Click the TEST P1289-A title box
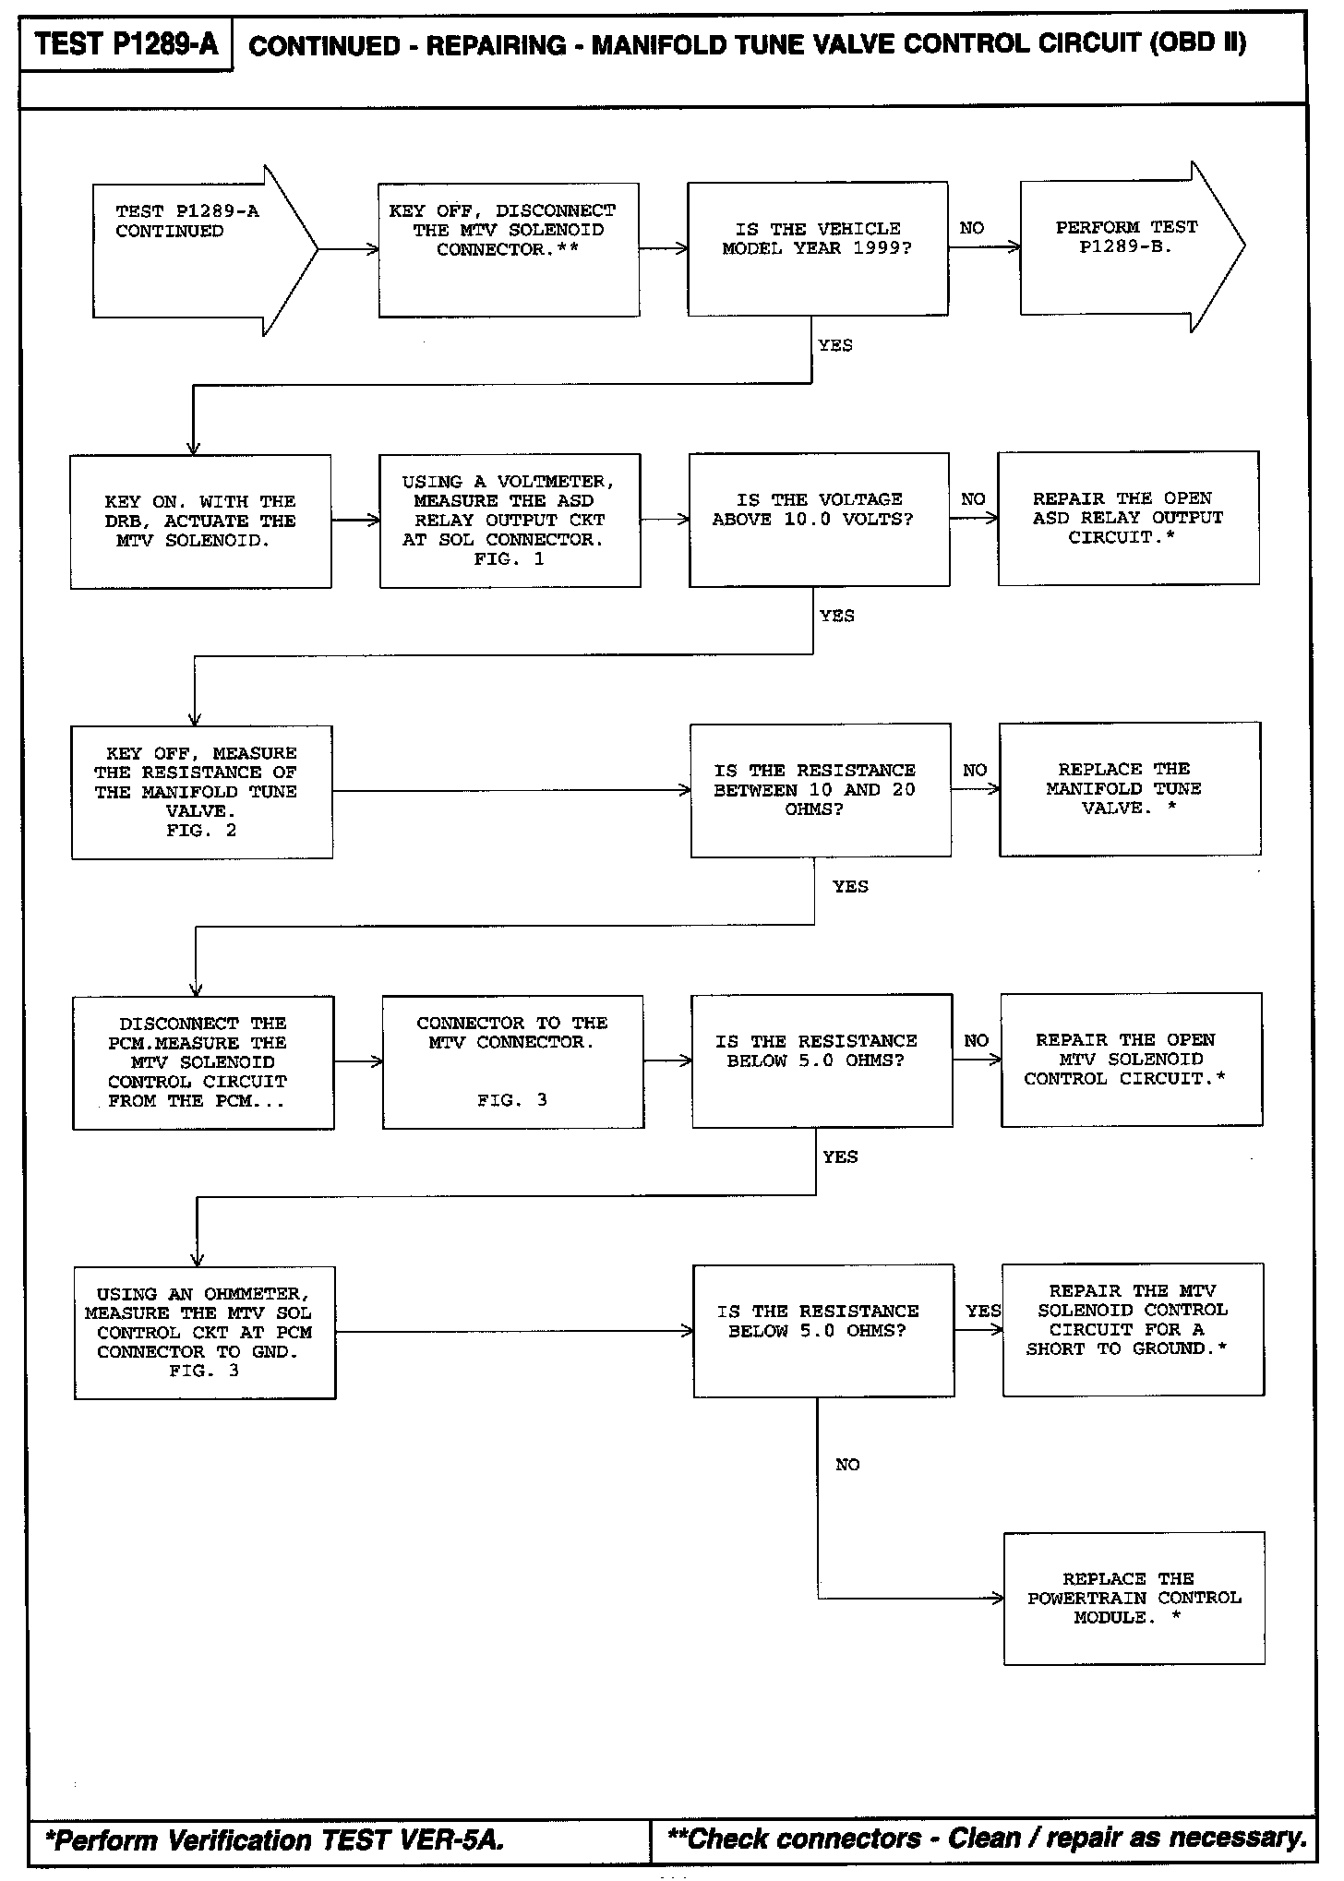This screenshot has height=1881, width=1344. coord(126,44)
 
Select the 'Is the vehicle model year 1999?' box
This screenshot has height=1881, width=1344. coord(817,248)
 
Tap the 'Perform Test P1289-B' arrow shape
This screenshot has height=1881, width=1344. coord(1126,246)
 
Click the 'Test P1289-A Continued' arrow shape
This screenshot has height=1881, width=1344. coord(194,249)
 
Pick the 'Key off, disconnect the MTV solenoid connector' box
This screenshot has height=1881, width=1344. coord(509,249)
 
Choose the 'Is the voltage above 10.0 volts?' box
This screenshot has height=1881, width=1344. coord(819,519)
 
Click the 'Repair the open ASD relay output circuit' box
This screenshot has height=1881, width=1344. coord(1128,518)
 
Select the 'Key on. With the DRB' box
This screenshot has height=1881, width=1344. coord(200,521)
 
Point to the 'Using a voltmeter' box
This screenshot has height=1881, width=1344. coord(510,521)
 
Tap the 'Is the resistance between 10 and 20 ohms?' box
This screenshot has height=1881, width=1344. coord(821,790)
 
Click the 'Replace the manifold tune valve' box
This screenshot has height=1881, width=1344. coord(1130,789)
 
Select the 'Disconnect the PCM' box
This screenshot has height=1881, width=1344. coord(203,1062)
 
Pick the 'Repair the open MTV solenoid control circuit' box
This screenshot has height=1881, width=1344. coord(1132,1060)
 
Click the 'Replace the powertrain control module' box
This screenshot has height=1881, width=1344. coord(1134,1599)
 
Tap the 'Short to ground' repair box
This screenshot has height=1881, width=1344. coord(1133,1329)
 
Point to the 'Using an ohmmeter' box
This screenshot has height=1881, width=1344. coord(205,1333)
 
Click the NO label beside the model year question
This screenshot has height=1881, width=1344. coord(972,228)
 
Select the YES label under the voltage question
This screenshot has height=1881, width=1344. coord(836,616)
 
